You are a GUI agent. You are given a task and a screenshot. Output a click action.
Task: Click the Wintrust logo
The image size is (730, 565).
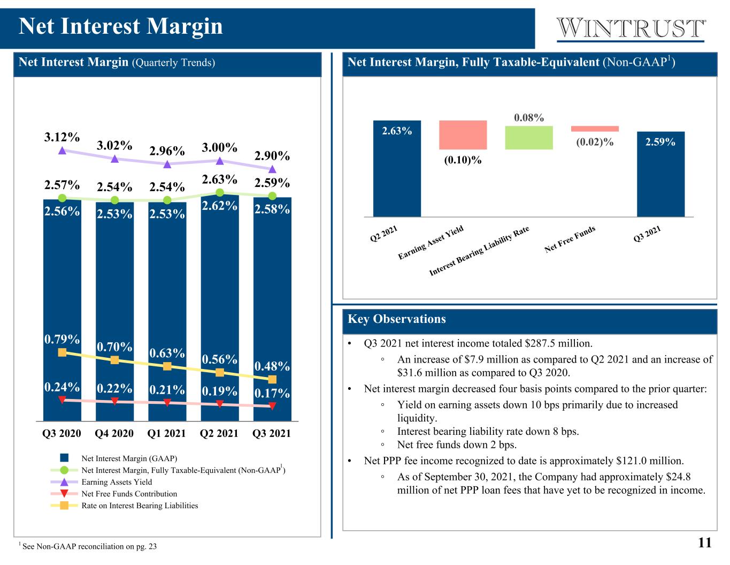coord(631,29)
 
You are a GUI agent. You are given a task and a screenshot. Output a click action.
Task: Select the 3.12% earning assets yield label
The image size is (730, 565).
coord(62,137)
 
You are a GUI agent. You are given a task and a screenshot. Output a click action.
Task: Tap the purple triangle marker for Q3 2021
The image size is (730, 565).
coord(272,169)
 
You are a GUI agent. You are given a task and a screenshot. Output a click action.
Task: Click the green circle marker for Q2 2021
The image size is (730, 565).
coord(220,192)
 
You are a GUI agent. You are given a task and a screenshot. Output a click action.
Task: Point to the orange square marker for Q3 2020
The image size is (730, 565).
coord(62,352)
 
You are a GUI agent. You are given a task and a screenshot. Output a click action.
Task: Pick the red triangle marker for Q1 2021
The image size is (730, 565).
coord(167,402)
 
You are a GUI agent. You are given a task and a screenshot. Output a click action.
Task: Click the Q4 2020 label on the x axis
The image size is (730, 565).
coord(114,433)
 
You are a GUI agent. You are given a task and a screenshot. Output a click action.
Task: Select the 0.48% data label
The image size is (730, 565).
coord(272,366)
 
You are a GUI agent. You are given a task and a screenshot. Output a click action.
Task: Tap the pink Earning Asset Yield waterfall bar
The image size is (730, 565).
coord(463,134)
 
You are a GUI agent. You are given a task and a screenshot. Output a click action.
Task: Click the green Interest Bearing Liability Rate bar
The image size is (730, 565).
coord(529,138)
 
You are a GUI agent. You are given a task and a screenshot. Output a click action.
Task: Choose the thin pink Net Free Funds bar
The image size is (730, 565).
coord(595,129)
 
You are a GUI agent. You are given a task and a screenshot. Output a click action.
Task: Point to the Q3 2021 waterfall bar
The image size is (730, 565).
coord(660,174)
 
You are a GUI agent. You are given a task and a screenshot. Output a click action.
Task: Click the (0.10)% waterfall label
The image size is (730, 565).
coord(463,160)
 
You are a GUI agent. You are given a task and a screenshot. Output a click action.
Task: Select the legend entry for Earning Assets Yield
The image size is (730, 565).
coord(101,481)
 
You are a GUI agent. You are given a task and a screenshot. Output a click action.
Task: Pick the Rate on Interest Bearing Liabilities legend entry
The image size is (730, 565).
coord(124,505)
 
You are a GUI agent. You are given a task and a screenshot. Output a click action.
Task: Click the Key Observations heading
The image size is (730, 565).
coord(396,319)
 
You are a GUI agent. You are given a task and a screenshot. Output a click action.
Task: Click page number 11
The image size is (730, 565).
coord(704,543)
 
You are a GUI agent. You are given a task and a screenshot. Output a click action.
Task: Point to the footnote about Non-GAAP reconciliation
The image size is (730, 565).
coord(88,546)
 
